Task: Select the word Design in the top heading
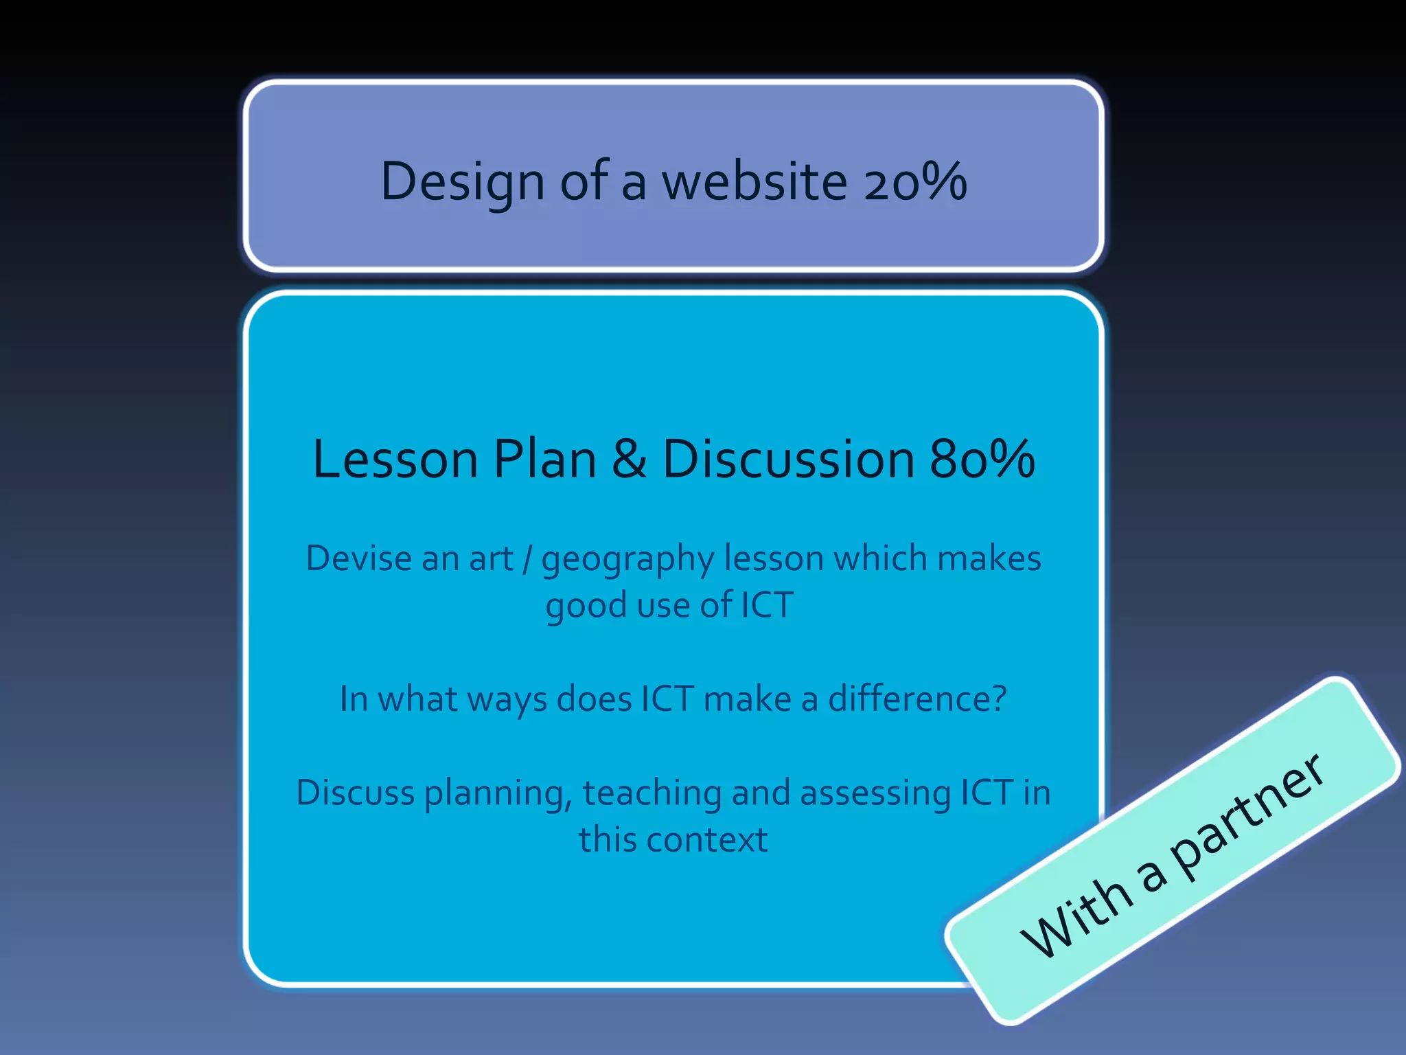pyautogui.click(x=462, y=182)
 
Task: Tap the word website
pyautogui.click(x=754, y=182)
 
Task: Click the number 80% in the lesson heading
pyautogui.click(x=982, y=459)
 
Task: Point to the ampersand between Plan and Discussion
pyautogui.click(x=629, y=459)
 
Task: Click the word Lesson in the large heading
pyautogui.click(x=395, y=459)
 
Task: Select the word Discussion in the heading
pyautogui.click(x=788, y=459)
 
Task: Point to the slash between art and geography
pyautogui.click(x=527, y=558)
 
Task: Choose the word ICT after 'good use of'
pyautogui.click(x=767, y=605)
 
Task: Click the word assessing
pyautogui.click(x=875, y=793)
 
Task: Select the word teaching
pyautogui.click(x=652, y=793)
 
